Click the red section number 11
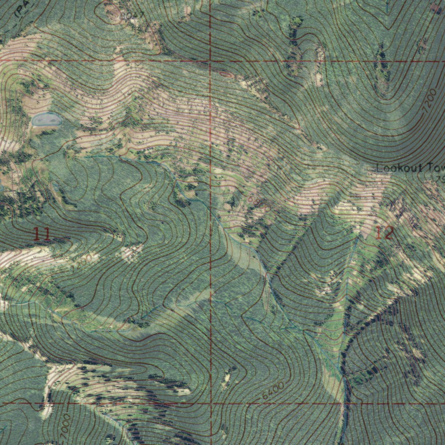[42, 235]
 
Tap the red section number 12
[384, 233]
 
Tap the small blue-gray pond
[46, 119]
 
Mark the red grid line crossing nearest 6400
[211, 403]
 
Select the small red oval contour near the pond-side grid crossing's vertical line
[225, 75]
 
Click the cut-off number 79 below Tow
[440, 179]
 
